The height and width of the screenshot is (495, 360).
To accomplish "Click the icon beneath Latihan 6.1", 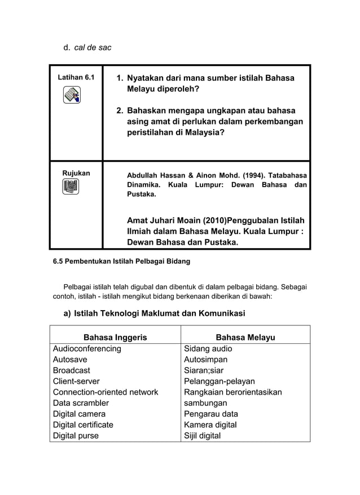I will tap(72, 95).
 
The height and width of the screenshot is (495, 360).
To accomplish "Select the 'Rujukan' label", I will tap(76, 173).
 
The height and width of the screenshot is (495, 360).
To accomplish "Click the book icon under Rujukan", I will tap(71, 187).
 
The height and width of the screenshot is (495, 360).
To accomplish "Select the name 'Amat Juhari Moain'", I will tap(165, 220).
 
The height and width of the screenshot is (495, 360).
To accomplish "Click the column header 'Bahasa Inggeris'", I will tap(115, 337).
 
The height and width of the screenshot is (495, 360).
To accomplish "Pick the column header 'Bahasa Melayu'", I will tap(245, 337).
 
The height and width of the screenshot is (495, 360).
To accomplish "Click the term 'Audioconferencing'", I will tap(87, 348).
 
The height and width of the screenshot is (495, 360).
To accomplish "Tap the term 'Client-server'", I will tap(76, 381).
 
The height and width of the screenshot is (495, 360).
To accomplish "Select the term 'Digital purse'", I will tap(76, 435).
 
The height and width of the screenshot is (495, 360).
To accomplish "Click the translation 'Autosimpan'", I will tap(206, 359).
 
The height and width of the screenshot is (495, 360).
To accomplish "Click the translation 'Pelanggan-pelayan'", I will tap(219, 381).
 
